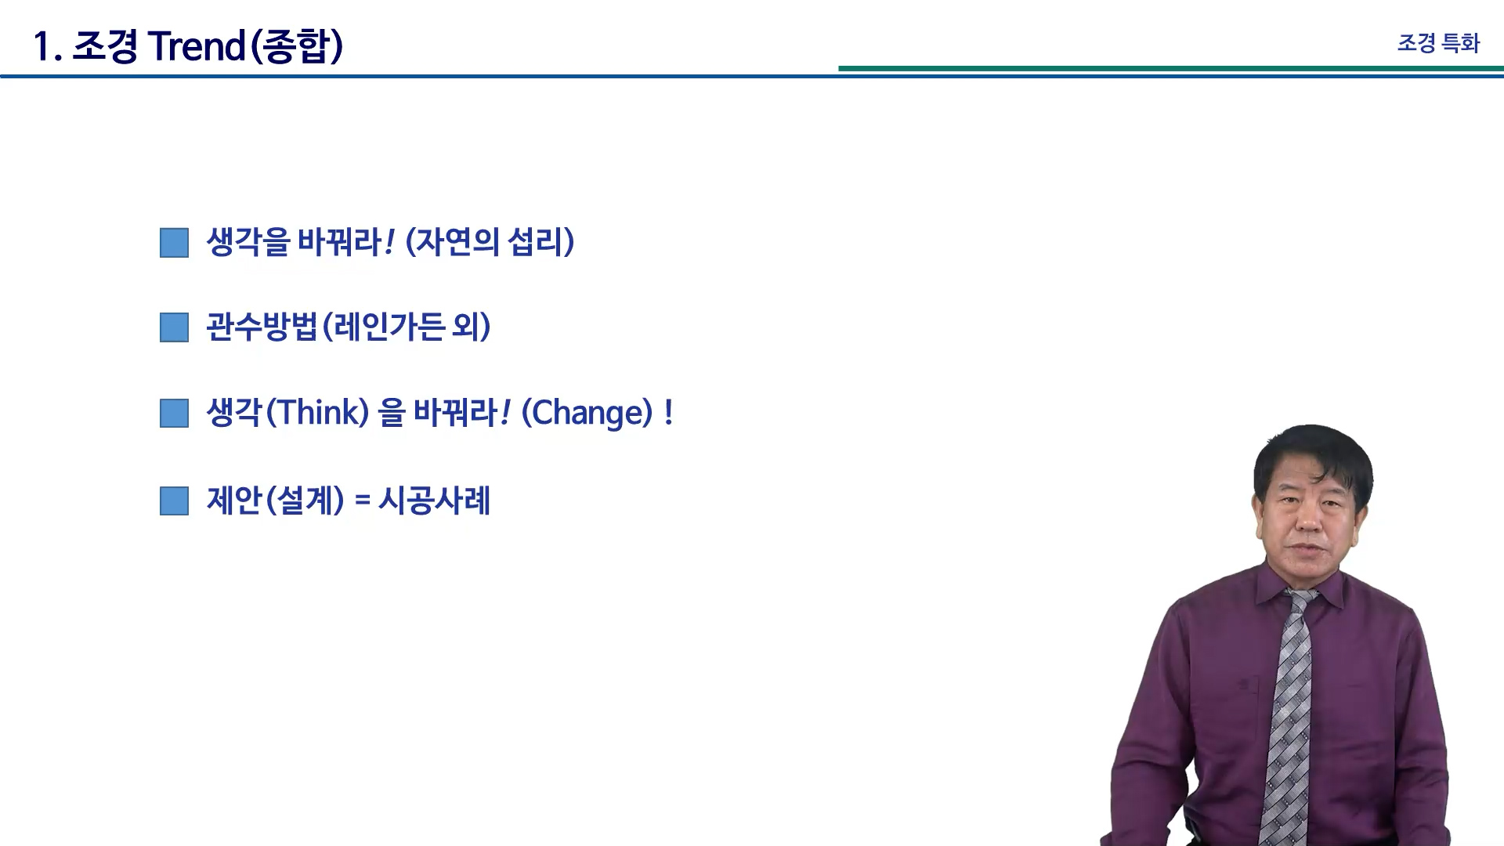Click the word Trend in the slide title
tap(197, 46)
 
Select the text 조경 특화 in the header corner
tap(1438, 43)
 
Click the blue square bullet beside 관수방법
tap(174, 327)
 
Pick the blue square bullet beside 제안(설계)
tap(174, 501)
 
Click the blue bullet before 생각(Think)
tap(174, 414)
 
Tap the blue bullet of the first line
tap(174, 243)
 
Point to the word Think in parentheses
tap(317, 413)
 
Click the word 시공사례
tap(435, 501)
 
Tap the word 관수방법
tap(262, 327)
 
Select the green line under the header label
tap(1171, 68)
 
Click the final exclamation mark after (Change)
tap(668, 413)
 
